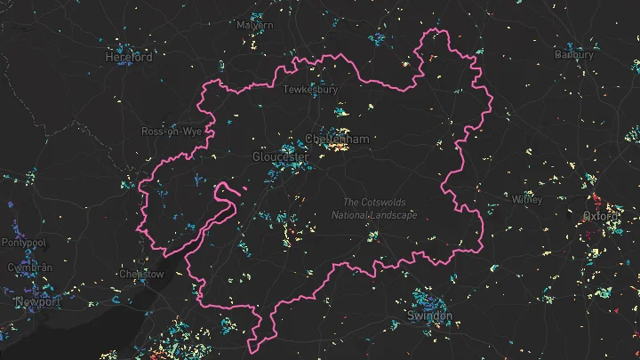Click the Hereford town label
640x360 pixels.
click(129, 56)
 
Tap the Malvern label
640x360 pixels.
click(256, 26)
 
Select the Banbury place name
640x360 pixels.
click(574, 54)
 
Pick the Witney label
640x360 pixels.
click(527, 199)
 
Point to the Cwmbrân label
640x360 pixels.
click(30, 268)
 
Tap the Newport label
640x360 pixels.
click(36, 301)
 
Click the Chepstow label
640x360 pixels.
click(140, 274)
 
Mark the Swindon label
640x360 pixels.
click(429, 316)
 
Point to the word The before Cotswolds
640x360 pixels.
click(353, 202)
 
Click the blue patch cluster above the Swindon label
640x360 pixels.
click(428, 298)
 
